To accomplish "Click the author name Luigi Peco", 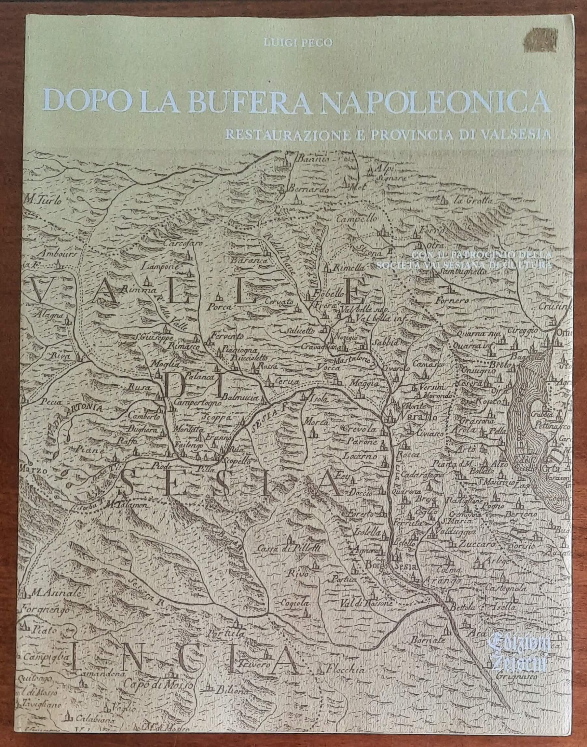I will coord(298,42).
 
